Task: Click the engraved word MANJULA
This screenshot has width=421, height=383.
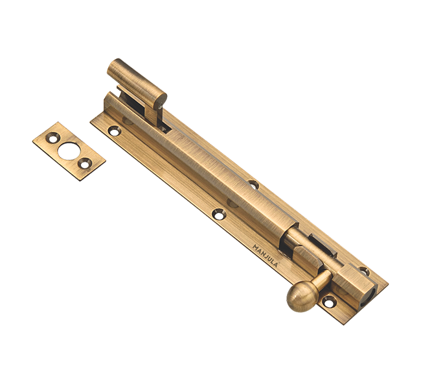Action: click(266, 256)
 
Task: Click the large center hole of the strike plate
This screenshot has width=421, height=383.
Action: click(69, 151)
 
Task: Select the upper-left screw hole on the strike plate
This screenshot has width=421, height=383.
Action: click(52, 138)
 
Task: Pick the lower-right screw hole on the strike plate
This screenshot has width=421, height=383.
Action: click(85, 164)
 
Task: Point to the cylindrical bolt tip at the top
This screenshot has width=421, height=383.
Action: click(137, 83)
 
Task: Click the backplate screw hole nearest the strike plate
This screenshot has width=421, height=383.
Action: click(115, 131)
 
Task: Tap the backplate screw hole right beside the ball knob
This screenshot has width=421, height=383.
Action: click(329, 301)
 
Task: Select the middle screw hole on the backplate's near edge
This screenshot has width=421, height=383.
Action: click(219, 214)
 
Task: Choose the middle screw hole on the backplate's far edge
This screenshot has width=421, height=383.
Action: click(253, 184)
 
